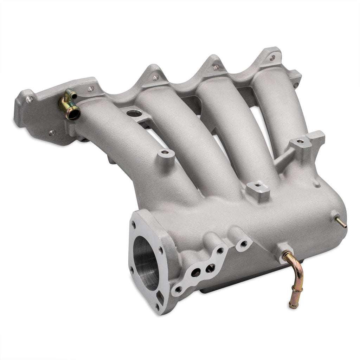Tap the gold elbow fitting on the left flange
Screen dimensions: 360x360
tap(69, 104)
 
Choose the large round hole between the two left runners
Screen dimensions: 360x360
tap(133, 113)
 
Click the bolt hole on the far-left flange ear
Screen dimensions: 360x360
tap(29, 98)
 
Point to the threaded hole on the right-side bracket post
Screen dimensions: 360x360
tap(299, 142)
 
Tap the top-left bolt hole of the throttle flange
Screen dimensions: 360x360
tap(134, 224)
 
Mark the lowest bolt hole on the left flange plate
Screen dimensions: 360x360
tap(52, 133)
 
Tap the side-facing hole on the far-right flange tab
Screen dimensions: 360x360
tap(295, 85)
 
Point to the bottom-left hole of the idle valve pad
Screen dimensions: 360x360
tap(179, 289)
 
